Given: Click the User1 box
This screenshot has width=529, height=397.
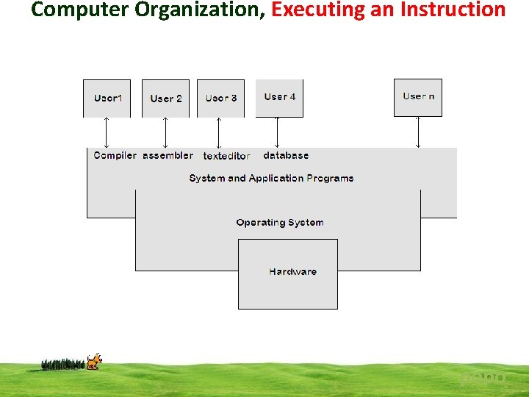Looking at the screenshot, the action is click(107, 98).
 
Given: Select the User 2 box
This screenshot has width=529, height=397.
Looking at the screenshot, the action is click(165, 99).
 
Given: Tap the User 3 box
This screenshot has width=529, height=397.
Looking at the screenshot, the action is click(221, 98).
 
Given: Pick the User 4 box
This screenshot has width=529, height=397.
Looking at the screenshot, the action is click(279, 97).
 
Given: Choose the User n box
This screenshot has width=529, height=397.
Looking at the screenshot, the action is click(418, 97).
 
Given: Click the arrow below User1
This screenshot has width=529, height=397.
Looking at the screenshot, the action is click(107, 133).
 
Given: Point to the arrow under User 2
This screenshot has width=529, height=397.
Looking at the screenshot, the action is click(165, 133).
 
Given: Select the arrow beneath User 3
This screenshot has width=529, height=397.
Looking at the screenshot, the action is click(218, 133).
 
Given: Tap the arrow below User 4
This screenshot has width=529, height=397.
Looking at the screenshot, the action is click(277, 133).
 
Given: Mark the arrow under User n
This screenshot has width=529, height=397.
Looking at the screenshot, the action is click(418, 133).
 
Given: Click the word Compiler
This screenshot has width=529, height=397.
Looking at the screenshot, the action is click(115, 155).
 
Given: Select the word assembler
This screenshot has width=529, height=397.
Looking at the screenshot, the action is click(168, 155).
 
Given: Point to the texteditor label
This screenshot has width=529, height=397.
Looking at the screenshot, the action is click(226, 156).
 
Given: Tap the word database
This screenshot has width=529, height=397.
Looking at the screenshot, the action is click(286, 155).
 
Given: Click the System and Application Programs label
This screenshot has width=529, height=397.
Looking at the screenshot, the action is click(271, 178).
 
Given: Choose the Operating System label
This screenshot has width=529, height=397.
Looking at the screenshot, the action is click(279, 222).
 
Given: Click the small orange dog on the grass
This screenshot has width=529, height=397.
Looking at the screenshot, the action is click(93, 361).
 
